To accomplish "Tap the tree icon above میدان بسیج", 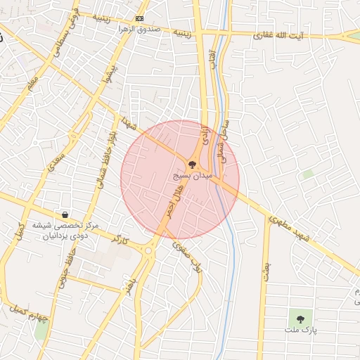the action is pyautogui.click(x=193, y=163).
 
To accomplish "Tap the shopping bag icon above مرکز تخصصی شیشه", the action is pyautogui.click(x=65, y=215).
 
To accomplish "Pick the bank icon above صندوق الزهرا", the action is pyautogui.click(x=140, y=19).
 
